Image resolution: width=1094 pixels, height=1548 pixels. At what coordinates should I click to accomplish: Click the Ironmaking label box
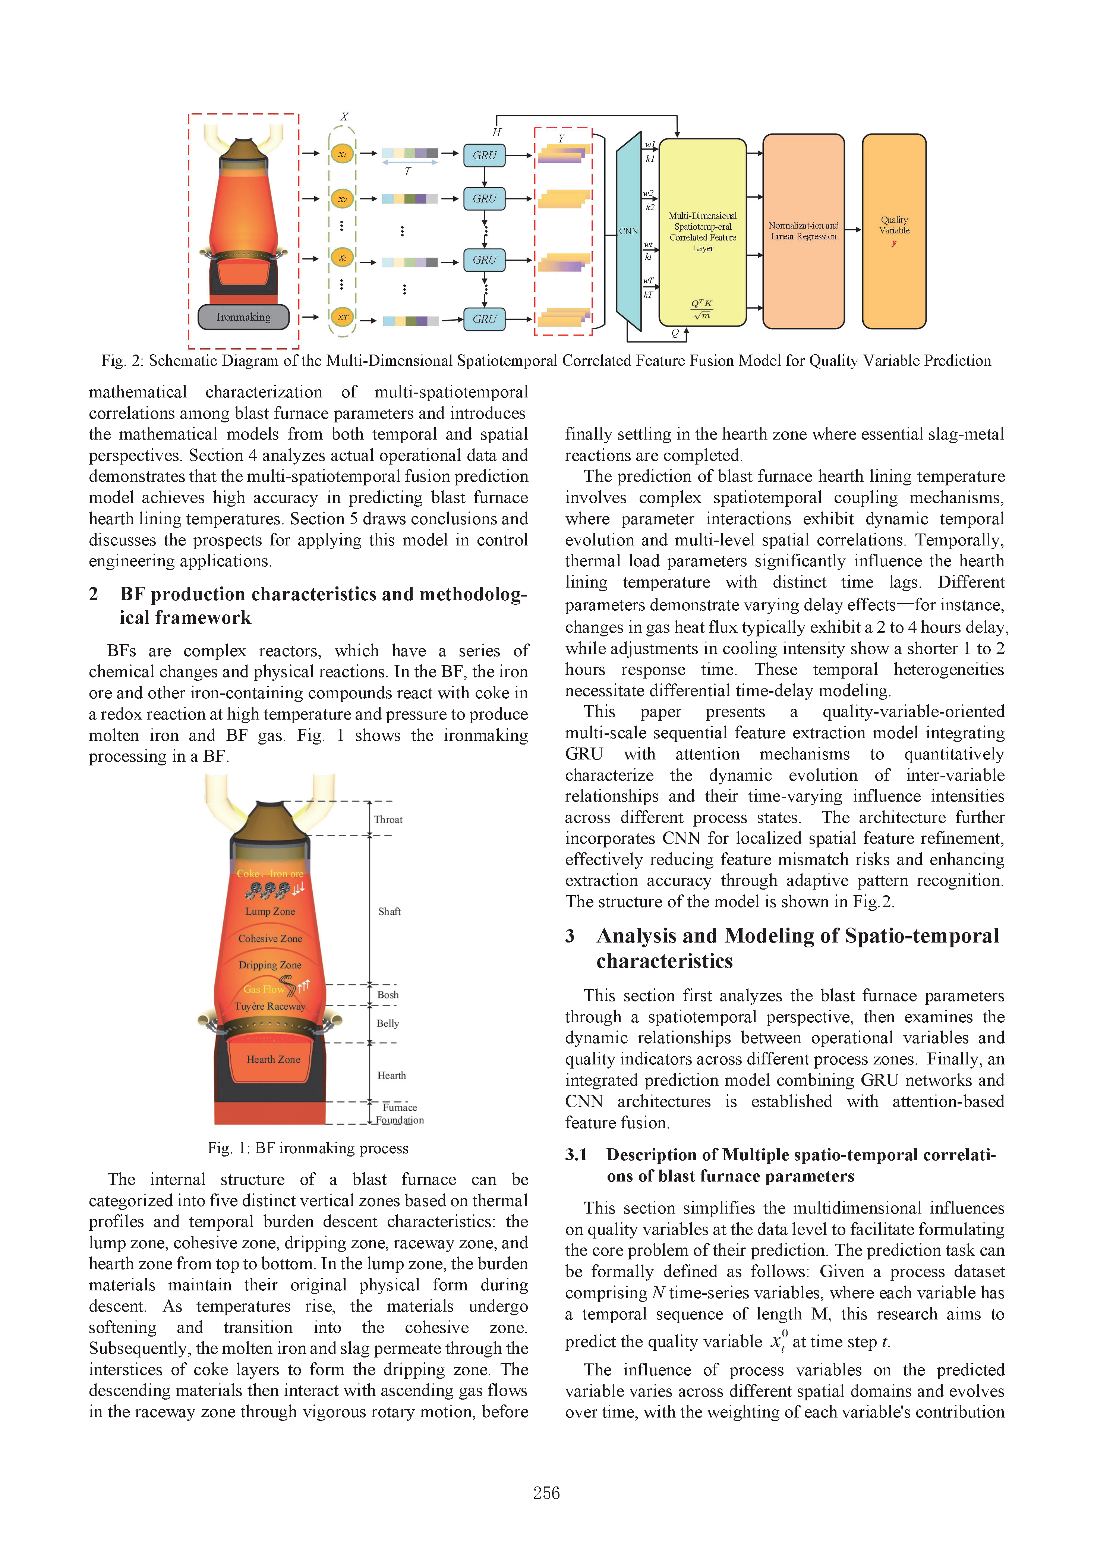(243, 317)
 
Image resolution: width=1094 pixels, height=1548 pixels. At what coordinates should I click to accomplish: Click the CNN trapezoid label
(628, 231)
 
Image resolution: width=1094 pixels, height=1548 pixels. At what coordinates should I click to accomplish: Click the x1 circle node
(343, 154)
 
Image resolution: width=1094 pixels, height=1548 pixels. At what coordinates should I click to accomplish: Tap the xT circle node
(343, 318)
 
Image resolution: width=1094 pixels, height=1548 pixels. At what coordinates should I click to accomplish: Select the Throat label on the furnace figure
(388, 820)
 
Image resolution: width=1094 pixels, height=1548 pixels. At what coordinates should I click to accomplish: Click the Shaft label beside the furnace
(390, 912)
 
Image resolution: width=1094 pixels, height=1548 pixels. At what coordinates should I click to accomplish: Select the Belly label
(388, 1023)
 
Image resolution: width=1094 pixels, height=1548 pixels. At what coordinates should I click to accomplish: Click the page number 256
(546, 1494)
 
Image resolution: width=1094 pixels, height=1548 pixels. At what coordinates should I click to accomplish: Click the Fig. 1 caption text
(308, 1148)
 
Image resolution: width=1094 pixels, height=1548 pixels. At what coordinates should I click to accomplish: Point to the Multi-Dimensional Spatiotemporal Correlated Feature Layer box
(702, 232)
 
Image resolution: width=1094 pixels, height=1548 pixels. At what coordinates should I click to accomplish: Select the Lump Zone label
(270, 912)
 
